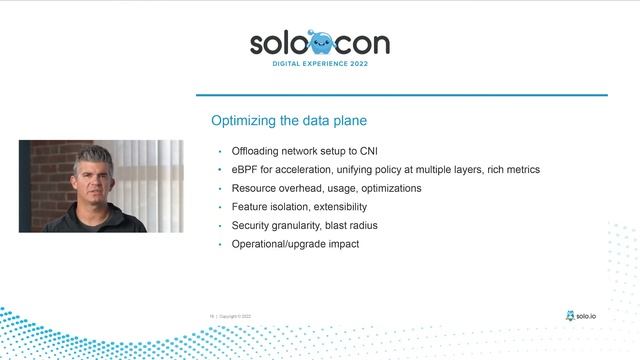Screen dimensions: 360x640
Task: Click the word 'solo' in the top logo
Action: tap(277, 43)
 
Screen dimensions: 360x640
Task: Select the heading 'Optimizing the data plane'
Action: tap(288, 121)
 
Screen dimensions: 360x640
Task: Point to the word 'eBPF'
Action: tap(245, 170)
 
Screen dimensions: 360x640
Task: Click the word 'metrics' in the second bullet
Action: tap(521, 170)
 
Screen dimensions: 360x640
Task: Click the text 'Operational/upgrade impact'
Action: tap(294, 244)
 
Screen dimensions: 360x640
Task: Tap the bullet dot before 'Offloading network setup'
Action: tap(220, 151)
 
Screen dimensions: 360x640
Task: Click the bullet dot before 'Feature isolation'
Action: tap(220, 207)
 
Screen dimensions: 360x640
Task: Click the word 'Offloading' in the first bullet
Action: tap(258, 151)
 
